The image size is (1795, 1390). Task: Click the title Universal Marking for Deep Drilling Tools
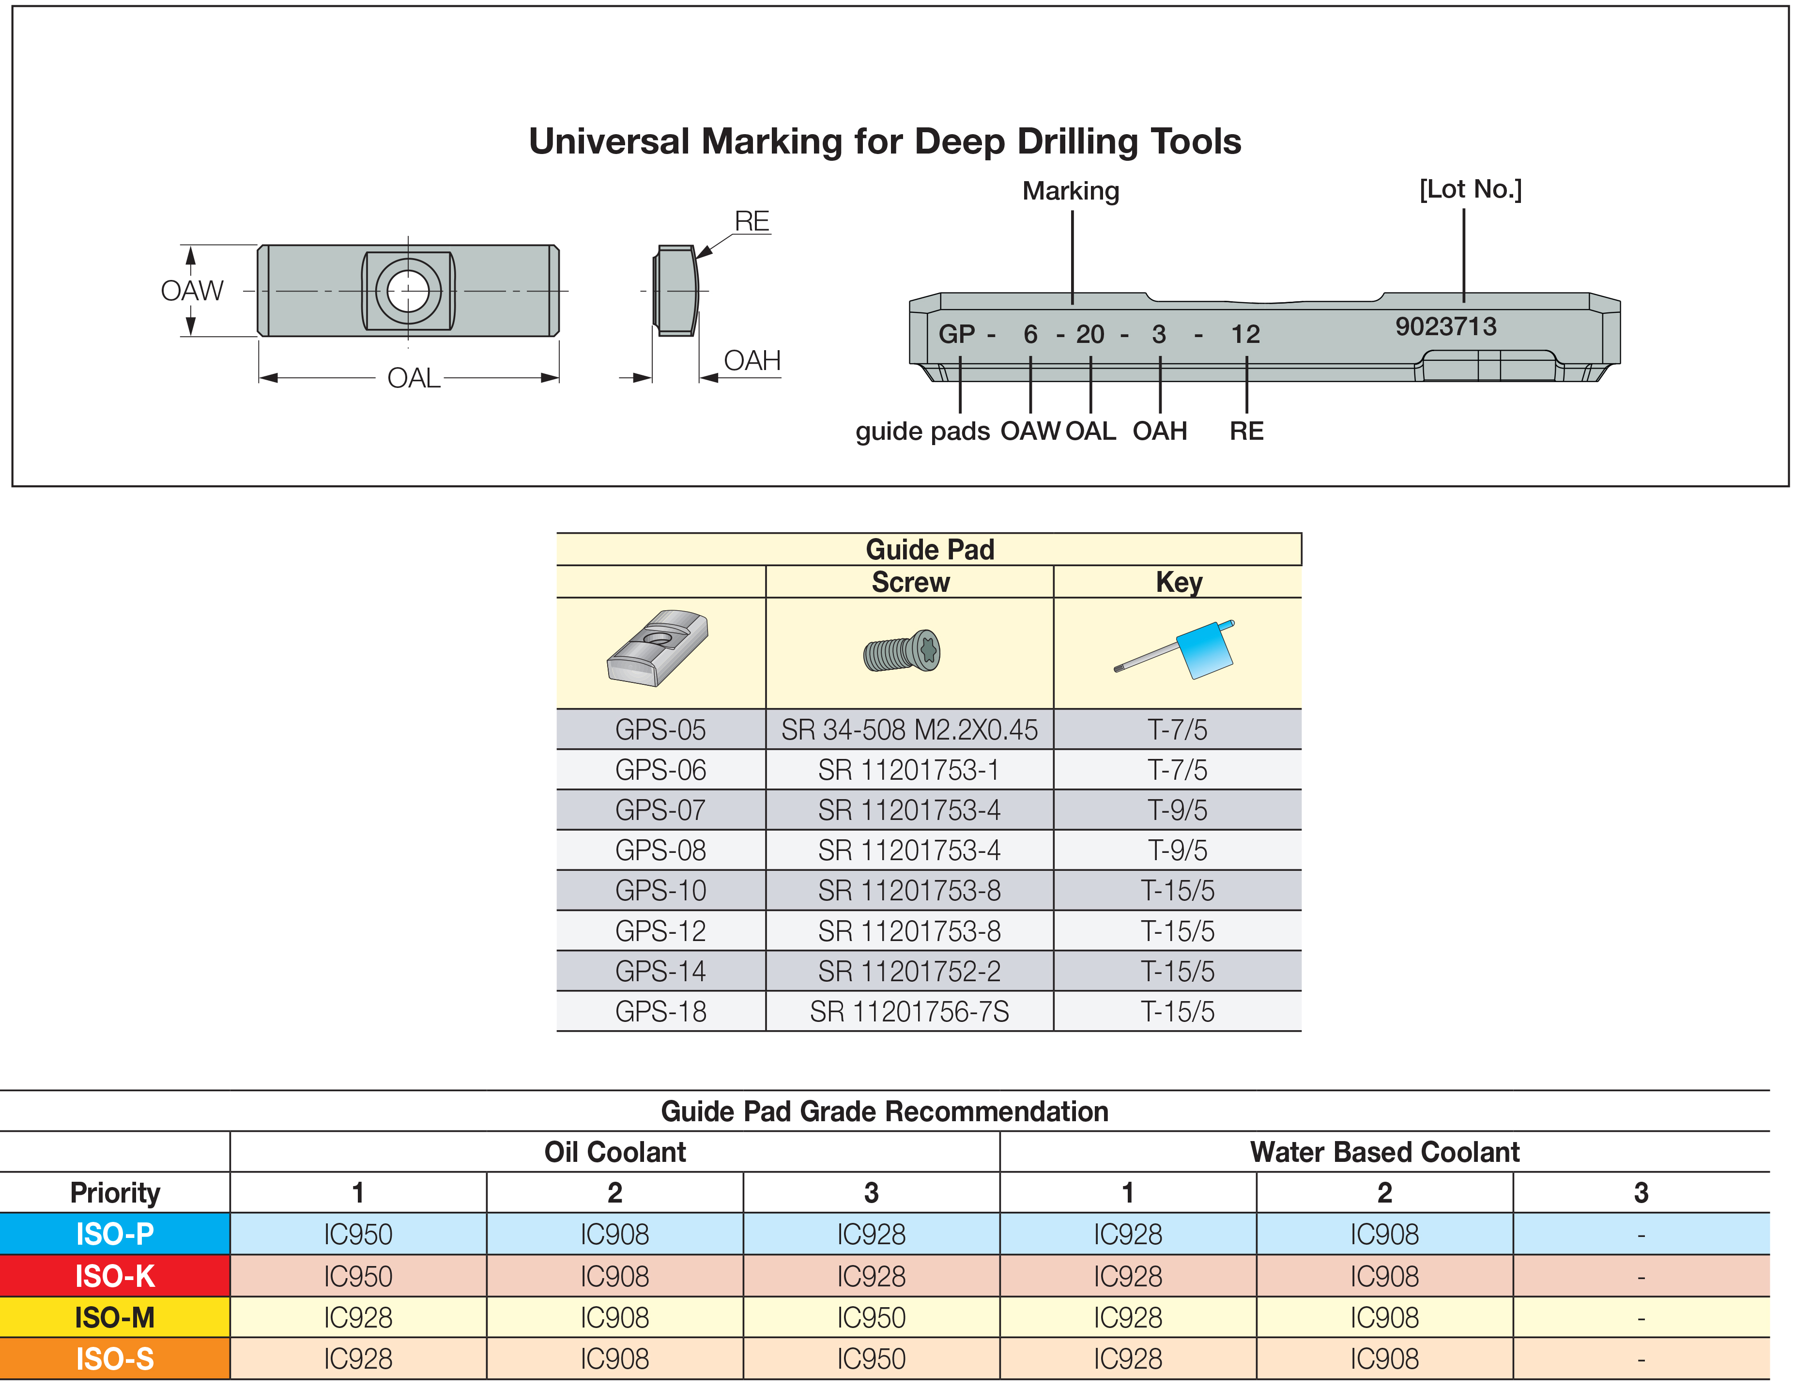[884, 141]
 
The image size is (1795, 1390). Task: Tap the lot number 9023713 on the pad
[1446, 326]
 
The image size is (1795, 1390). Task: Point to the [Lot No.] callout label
[1471, 189]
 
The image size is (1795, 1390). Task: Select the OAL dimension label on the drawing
[414, 378]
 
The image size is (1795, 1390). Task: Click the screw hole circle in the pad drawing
[409, 291]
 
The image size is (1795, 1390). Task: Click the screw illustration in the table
[902, 651]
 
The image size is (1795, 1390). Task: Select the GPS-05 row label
[661, 729]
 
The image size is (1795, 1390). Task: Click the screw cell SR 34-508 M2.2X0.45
[909, 729]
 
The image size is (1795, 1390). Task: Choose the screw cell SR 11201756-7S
[909, 1011]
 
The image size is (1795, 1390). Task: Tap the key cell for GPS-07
[1177, 810]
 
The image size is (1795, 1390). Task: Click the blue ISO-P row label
[115, 1234]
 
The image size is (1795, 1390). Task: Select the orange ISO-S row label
[115, 1359]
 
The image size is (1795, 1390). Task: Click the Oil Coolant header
[615, 1152]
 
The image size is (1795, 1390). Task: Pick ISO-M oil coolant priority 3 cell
[871, 1318]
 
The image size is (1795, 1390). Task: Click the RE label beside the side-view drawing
[752, 221]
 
